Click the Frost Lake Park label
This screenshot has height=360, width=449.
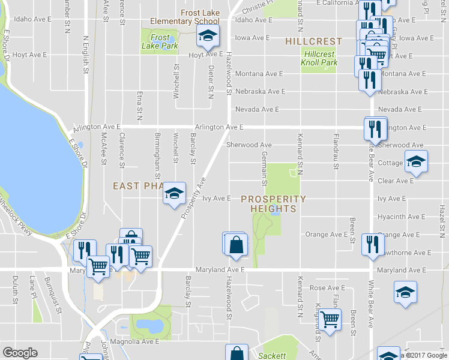pyautogui.click(x=155, y=41)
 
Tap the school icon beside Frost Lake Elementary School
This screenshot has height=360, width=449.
pyautogui.click(x=208, y=37)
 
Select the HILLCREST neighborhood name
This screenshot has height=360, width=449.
pyautogui.click(x=313, y=41)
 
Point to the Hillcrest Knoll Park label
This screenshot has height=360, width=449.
pyautogui.click(x=319, y=58)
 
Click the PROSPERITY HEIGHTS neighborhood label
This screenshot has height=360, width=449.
pyautogui.click(x=274, y=203)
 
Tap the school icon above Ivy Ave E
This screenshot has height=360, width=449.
pyautogui.click(x=174, y=193)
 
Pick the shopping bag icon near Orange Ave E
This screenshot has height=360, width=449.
pyautogui.click(x=235, y=244)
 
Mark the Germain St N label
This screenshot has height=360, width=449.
pyautogui.click(x=264, y=168)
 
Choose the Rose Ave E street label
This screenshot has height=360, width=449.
pyautogui.click(x=326, y=288)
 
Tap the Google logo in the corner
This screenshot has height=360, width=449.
pyautogui.click(x=20, y=353)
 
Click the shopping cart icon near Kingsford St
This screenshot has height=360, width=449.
pyautogui.click(x=330, y=319)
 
